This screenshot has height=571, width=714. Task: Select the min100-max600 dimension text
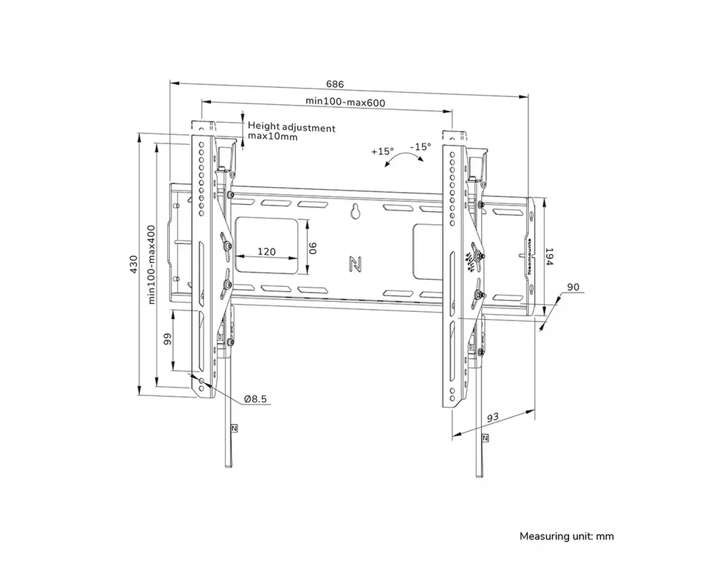tap(346, 102)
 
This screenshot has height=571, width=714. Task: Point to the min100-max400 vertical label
tap(151, 266)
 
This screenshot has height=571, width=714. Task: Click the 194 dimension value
tap(549, 258)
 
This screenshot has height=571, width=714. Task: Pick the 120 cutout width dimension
tap(267, 251)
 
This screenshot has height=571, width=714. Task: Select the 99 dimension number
tap(168, 338)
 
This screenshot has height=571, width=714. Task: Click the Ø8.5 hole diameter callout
tap(255, 399)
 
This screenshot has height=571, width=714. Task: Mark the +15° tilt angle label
tap(383, 151)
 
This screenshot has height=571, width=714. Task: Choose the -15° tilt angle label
tap(421, 146)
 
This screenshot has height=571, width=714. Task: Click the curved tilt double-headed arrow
tap(402, 161)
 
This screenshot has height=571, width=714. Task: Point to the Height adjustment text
tap(291, 127)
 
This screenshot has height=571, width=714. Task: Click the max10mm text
tap(272, 137)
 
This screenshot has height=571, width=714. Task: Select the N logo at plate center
tap(354, 263)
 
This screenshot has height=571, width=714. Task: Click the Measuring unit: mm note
tap(566, 536)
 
